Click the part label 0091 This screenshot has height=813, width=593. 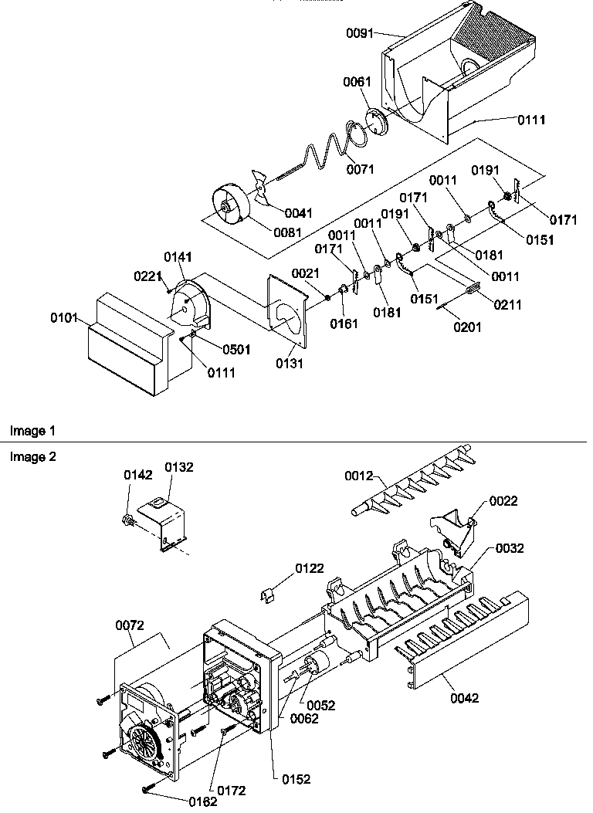point(358,33)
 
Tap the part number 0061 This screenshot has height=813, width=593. point(358,82)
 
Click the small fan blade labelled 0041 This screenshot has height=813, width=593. point(263,198)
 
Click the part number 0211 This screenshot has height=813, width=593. point(507,305)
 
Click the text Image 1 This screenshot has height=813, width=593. point(32,430)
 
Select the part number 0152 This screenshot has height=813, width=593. point(296,779)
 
